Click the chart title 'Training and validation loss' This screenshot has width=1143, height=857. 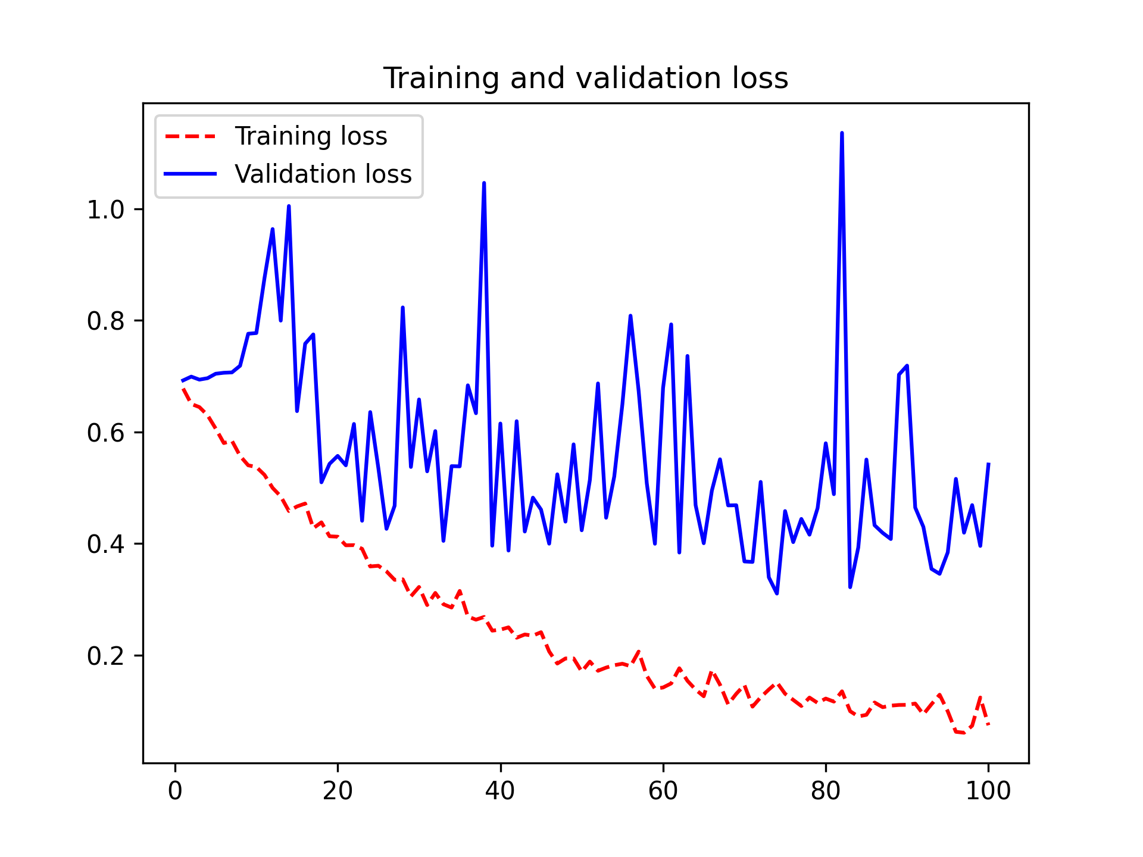[x=585, y=78]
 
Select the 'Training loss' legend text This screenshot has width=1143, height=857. [x=311, y=136]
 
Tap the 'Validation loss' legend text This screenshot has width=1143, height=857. [x=323, y=174]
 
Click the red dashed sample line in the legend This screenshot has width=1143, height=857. [x=190, y=136]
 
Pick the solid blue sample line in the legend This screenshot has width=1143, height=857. [x=190, y=174]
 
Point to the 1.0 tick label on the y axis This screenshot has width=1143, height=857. [x=105, y=209]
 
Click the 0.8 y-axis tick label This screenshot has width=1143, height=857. [x=105, y=321]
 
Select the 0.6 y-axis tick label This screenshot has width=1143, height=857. [x=105, y=433]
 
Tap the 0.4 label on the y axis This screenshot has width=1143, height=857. [x=105, y=544]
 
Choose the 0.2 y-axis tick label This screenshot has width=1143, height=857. [x=105, y=656]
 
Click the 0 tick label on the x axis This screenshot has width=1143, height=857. [x=175, y=791]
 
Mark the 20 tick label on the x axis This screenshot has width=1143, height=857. [x=338, y=791]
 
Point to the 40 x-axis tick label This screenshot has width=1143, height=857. [x=500, y=791]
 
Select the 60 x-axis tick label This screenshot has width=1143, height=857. [x=663, y=791]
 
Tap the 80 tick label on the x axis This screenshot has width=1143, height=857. [x=826, y=791]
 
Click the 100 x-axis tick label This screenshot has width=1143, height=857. [x=988, y=791]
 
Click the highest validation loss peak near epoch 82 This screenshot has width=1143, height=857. [x=842, y=133]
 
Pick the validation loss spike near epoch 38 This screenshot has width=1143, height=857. [x=484, y=183]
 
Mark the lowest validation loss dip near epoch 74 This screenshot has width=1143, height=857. [x=777, y=593]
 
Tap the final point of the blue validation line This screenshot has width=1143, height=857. [x=988, y=464]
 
